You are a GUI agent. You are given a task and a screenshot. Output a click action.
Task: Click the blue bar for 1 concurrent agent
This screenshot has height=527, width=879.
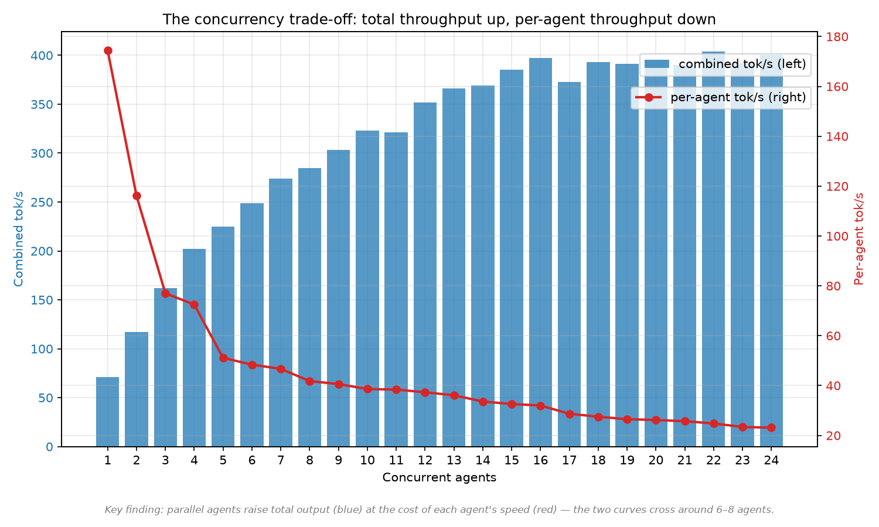click(x=107, y=412)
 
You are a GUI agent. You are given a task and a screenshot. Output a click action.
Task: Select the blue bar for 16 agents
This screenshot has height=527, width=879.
click(x=540, y=252)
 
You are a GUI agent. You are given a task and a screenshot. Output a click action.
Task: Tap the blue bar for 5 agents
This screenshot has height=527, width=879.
click(x=223, y=337)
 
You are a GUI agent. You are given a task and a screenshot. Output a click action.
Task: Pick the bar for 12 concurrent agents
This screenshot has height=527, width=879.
click(x=425, y=275)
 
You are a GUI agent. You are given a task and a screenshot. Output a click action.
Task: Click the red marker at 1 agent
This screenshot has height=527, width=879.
click(x=108, y=50)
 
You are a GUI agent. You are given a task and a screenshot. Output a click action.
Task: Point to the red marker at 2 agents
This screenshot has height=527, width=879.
click(x=137, y=196)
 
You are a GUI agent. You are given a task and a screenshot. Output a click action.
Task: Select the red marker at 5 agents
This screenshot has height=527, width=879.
click(x=223, y=358)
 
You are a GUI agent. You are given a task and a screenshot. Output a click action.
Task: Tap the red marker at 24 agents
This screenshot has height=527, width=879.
click(x=771, y=428)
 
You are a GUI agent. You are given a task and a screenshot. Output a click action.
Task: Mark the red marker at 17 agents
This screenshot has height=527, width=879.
click(x=570, y=414)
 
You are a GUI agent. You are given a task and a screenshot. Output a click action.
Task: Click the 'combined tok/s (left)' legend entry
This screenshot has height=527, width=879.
click(x=725, y=64)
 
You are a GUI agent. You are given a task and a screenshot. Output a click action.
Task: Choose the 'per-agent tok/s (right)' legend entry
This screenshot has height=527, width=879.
click(x=720, y=98)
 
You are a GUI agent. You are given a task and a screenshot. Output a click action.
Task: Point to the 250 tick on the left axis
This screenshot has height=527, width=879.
click(x=42, y=203)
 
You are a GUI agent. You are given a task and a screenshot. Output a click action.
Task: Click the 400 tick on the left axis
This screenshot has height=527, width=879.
click(x=42, y=55)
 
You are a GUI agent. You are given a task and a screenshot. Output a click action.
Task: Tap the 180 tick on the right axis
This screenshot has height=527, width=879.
click(x=837, y=37)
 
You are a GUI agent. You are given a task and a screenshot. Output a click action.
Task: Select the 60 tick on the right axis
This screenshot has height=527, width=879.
click(x=833, y=336)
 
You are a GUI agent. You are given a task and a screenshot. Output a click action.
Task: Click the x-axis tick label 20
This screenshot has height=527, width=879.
click(x=656, y=460)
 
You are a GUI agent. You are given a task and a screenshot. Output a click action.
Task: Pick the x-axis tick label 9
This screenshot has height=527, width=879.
click(x=338, y=460)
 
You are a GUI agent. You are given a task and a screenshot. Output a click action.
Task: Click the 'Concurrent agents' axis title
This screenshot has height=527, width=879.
click(x=439, y=478)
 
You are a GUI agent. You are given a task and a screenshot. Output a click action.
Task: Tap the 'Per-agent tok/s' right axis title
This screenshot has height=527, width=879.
click(x=858, y=239)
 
